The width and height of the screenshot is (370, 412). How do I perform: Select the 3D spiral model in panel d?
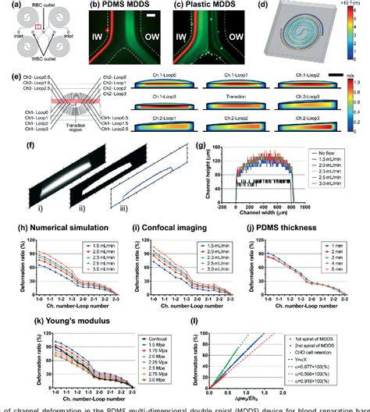pyautogui.click(x=305, y=42)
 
